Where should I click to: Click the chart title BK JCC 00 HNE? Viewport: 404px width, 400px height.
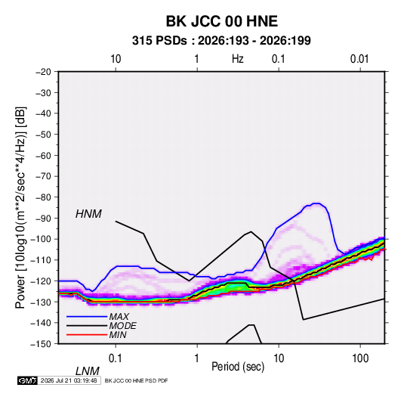221,21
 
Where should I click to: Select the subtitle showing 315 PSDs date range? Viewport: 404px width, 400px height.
221,41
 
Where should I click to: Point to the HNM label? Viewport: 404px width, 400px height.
88,214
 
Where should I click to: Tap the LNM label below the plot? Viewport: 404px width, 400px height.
87,371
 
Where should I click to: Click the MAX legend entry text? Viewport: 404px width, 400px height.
119,316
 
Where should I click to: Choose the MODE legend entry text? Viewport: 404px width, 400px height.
122,326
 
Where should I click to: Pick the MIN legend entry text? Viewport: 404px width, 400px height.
118,335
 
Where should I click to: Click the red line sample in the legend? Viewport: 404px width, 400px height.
87,335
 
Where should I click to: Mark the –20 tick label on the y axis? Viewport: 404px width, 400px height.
43,72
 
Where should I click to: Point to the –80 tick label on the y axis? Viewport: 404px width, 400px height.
43,197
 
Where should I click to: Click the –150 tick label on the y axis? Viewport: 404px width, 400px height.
41,344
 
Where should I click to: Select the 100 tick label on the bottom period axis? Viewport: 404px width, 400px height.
360,358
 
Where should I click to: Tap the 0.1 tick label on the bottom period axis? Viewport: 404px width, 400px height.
116,358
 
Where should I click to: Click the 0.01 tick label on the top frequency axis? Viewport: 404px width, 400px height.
359,59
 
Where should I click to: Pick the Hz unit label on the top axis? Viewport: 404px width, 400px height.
238,59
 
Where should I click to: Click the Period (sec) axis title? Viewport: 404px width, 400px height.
238,367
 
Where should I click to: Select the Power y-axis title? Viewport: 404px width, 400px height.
20,208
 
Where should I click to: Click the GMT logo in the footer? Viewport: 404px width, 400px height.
27,380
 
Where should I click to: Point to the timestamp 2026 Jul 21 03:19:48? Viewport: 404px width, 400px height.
69,380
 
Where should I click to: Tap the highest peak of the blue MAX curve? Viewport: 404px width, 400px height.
316,203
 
